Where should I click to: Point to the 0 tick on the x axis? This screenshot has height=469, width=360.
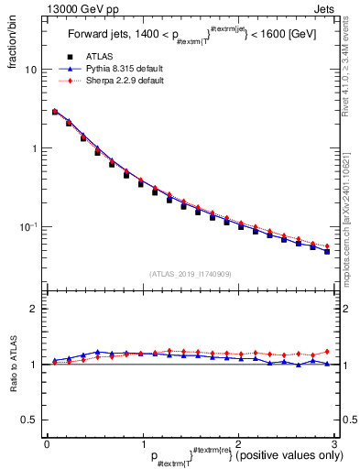(x=47, y=444)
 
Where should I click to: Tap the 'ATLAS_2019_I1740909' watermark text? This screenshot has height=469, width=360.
(x=189, y=274)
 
